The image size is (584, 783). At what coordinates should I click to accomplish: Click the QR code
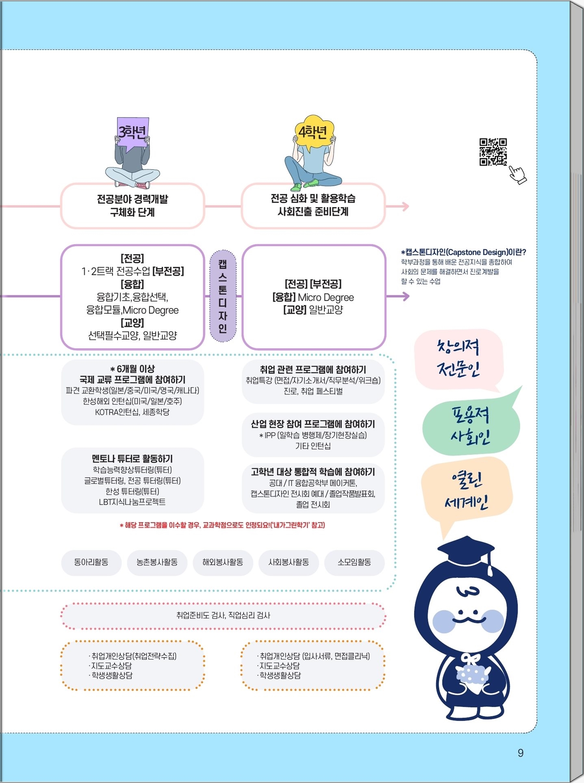493,152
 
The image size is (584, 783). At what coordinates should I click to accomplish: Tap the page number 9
521,753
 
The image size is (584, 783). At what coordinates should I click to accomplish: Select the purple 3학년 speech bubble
132,134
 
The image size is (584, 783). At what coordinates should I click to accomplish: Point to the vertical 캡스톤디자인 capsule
223,296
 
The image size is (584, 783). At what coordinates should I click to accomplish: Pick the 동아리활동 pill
91,562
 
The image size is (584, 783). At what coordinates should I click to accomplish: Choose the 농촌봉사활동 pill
157,562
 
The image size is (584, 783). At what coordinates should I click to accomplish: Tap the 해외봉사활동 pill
223,562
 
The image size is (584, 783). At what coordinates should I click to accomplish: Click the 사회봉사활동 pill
289,562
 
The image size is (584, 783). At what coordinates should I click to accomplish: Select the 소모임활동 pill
354,562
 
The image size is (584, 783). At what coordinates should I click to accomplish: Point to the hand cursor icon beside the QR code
517,175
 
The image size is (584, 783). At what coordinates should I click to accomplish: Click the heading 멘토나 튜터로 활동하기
132,459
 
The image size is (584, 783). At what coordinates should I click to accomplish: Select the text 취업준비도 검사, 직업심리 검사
223,616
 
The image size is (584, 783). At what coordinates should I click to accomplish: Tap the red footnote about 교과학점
222,525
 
